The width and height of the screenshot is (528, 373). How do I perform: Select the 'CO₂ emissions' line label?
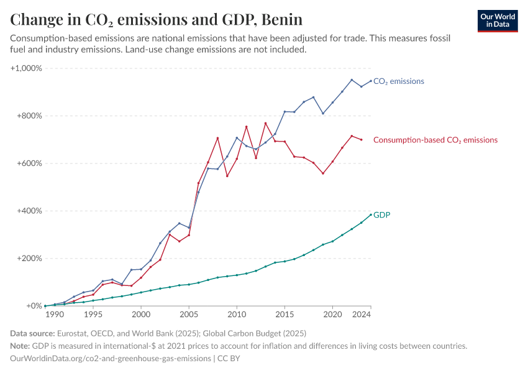tap(398, 81)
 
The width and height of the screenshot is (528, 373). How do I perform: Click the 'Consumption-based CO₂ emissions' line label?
tap(435, 140)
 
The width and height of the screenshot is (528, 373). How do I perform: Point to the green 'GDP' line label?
tap(381, 214)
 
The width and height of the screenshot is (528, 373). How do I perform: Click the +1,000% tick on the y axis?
tap(26, 68)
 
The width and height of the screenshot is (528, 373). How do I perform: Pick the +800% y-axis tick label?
tap(29, 116)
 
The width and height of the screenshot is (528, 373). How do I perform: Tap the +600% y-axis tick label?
tap(29, 163)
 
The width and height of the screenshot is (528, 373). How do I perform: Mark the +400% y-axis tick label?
tap(29, 211)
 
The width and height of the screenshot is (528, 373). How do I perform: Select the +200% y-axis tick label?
tap(29, 259)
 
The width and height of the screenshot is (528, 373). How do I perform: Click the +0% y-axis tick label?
tap(33, 306)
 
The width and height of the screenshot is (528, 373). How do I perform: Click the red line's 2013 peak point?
tap(266, 123)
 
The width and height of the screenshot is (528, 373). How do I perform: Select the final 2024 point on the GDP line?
tap(371, 214)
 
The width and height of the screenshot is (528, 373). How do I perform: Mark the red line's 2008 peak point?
tap(217, 138)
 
